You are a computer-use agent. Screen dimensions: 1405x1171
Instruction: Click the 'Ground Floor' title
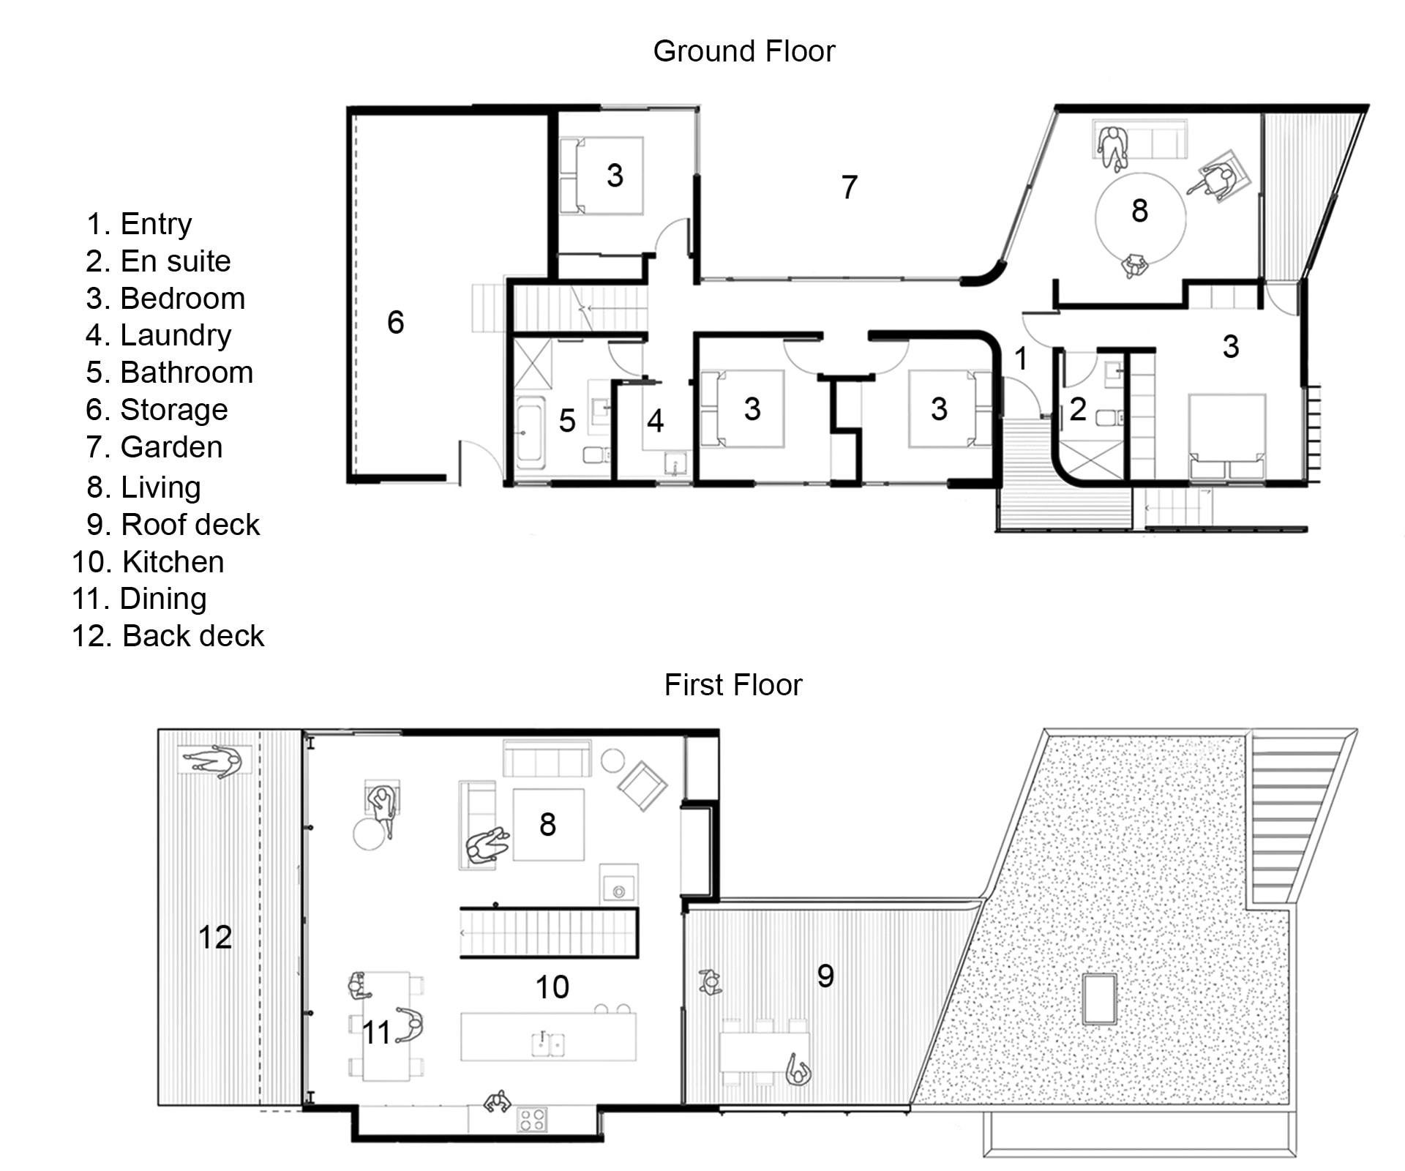click(x=743, y=51)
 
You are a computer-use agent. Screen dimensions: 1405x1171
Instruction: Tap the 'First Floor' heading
click(x=733, y=685)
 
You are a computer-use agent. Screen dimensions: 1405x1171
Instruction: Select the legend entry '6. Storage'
click(x=157, y=410)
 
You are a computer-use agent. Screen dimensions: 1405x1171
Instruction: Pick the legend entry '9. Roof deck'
click(x=173, y=525)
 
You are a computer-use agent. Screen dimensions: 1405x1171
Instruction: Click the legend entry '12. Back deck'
click(x=168, y=636)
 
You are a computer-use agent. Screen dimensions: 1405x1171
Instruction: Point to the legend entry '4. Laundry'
click(x=158, y=335)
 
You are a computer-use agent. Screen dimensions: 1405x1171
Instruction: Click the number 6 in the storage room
click(x=395, y=322)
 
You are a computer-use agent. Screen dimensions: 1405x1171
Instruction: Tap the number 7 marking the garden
click(x=849, y=187)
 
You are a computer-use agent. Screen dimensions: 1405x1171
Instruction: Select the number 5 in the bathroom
click(x=567, y=421)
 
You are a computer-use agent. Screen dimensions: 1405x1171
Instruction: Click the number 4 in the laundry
click(x=655, y=421)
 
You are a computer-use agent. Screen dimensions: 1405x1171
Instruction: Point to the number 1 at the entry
click(x=1021, y=359)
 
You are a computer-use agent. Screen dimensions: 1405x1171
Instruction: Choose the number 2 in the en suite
click(x=1077, y=409)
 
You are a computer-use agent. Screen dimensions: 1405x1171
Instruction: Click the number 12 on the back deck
click(x=214, y=937)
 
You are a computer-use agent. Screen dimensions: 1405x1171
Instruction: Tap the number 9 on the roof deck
click(x=825, y=976)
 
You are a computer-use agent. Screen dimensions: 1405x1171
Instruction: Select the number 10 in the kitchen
click(x=552, y=987)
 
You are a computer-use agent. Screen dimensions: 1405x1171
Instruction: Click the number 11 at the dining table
click(x=377, y=1033)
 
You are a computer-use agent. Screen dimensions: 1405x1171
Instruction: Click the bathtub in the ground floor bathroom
click(x=529, y=433)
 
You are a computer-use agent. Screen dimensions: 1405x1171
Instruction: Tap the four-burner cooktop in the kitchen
click(x=532, y=1119)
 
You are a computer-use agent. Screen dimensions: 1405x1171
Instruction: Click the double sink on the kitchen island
click(x=547, y=1044)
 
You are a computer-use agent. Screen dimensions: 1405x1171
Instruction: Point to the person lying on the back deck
click(x=213, y=763)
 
